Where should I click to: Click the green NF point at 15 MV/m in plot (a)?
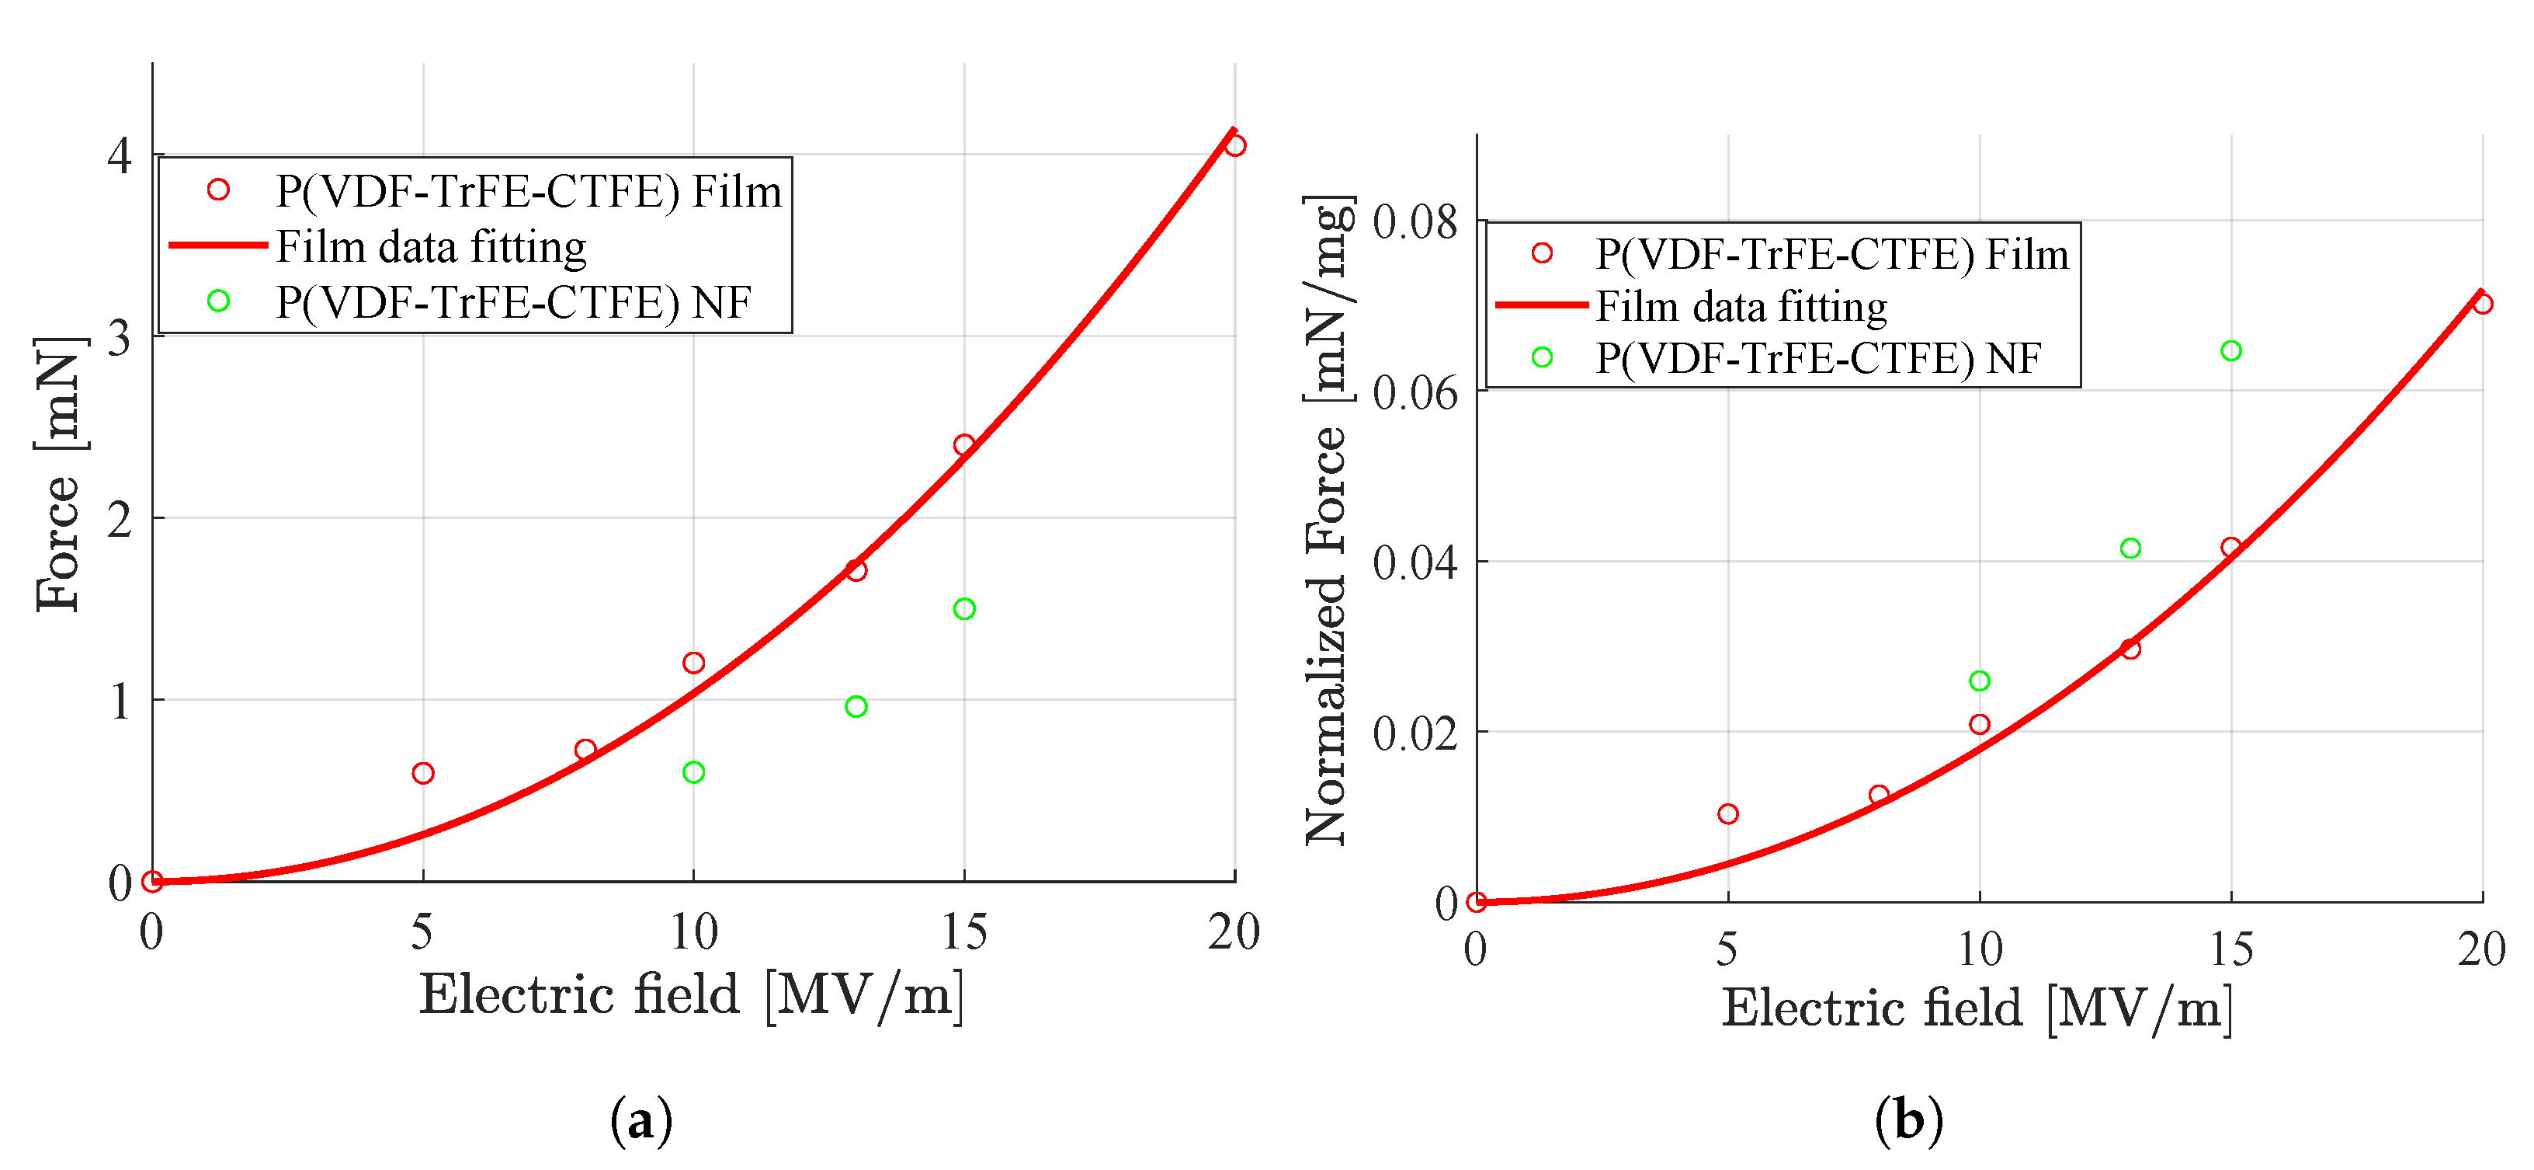click(x=964, y=609)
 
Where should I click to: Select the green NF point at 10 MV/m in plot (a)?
click(x=693, y=772)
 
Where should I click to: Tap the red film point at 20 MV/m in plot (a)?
click(x=1235, y=145)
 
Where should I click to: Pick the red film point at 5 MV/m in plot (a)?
click(x=423, y=774)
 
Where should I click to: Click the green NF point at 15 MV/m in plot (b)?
click(x=2231, y=351)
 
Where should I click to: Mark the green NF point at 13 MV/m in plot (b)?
click(x=2130, y=548)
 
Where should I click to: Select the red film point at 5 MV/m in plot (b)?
click(x=1728, y=813)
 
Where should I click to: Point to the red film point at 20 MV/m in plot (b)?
click(x=2483, y=304)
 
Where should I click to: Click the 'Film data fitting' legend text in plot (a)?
click(x=431, y=246)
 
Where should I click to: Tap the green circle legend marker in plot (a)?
click(x=218, y=301)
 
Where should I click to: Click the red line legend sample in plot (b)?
click(x=1542, y=306)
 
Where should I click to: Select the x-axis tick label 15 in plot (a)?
click(x=964, y=931)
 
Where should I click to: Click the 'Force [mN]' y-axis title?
click(x=58, y=475)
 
